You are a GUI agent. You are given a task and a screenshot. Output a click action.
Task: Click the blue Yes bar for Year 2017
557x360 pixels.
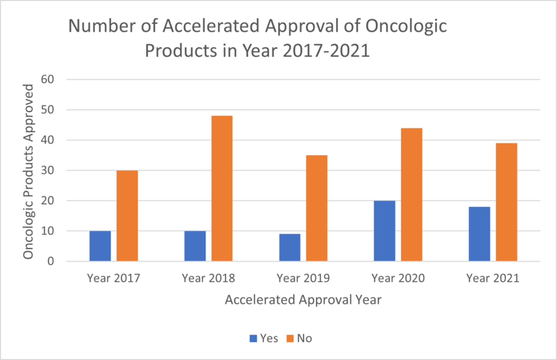tap(100, 246)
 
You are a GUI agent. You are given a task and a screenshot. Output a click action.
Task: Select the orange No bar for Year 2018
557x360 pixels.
tap(222, 188)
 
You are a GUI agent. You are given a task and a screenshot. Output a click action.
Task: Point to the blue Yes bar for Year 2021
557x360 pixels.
tap(479, 234)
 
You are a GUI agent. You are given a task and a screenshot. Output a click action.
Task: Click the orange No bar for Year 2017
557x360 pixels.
tap(127, 215)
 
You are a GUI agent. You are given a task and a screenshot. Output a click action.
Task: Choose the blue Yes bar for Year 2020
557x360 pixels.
tap(384, 231)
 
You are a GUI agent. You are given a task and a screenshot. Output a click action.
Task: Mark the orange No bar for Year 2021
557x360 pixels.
tap(507, 202)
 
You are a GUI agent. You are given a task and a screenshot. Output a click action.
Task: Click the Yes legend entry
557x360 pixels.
tap(265, 338)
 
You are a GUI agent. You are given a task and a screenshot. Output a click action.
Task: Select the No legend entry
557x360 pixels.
tap(299, 338)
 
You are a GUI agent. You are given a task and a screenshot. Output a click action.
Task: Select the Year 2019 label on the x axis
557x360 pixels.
tap(303, 278)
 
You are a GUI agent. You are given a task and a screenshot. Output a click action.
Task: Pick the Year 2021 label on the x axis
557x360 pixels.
tap(493, 278)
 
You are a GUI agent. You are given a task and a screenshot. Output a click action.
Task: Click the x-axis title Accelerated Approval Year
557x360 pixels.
tap(303, 300)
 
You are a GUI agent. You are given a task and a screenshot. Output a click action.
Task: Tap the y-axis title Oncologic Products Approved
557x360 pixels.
tap(29, 170)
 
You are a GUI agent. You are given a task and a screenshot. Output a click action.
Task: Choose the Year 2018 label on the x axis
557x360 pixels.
tap(208, 278)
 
